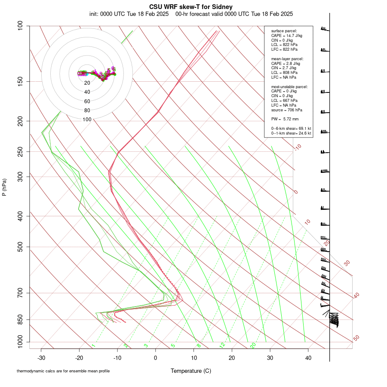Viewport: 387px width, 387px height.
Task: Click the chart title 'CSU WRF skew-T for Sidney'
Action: pyautogui.click(x=191, y=7)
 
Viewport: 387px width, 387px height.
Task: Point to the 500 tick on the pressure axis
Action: pyautogui.click(x=21, y=247)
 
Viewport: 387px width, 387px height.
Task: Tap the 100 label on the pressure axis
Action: pyautogui.click(x=21, y=26)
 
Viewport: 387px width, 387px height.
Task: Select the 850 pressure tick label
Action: pyautogui.click(x=21, y=319)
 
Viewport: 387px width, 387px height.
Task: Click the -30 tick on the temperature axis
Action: pyautogui.click(x=41, y=357)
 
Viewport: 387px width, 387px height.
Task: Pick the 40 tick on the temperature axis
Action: pyautogui.click(x=308, y=357)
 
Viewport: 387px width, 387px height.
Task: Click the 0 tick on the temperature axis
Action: pyautogui.click(x=156, y=357)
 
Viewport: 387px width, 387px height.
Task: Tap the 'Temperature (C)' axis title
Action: pyautogui.click(x=191, y=371)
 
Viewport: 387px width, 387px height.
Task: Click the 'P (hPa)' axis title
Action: pyautogui.click(x=4, y=187)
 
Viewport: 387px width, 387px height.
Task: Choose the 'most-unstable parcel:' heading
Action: pyautogui.click(x=289, y=86)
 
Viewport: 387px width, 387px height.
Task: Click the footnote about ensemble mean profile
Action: pyautogui.click(x=63, y=371)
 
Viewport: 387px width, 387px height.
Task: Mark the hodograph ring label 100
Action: pyautogui.click(x=87, y=120)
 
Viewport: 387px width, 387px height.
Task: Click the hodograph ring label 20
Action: pyautogui.click(x=87, y=83)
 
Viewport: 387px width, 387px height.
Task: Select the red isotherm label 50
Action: pyautogui.click(x=356, y=338)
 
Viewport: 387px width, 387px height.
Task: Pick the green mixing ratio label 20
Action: pyautogui.click(x=253, y=345)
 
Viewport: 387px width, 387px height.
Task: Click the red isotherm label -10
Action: pyautogui.click(x=298, y=147)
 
